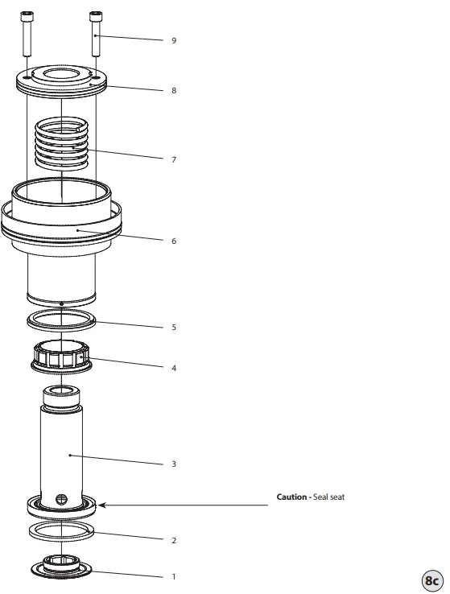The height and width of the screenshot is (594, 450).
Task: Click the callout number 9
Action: click(x=173, y=39)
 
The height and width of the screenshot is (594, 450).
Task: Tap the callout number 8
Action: click(x=173, y=90)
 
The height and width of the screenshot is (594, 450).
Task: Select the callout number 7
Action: click(x=173, y=159)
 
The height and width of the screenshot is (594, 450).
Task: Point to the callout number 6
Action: click(x=173, y=241)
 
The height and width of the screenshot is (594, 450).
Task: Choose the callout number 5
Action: click(x=173, y=328)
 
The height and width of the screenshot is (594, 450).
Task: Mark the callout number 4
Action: click(x=173, y=368)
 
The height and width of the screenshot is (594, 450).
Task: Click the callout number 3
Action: click(x=173, y=464)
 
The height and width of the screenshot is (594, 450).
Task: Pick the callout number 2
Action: click(x=173, y=540)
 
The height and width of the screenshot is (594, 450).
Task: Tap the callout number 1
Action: click(x=173, y=576)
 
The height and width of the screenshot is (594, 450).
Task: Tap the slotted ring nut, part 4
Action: click(x=61, y=357)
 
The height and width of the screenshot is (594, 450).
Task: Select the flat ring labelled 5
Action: click(x=61, y=320)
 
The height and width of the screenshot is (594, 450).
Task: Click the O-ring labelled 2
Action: click(x=61, y=531)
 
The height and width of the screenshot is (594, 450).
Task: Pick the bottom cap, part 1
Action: click(x=61, y=567)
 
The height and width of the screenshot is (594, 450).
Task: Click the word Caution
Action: click(x=291, y=497)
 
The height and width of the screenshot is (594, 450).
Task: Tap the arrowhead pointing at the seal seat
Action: click(x=104, y=505)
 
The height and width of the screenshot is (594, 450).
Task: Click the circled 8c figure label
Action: click(x=431, y=580)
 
